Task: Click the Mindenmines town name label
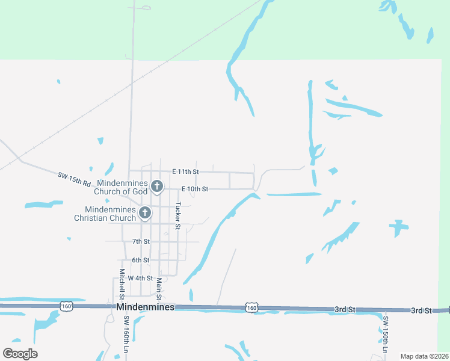[145, 307]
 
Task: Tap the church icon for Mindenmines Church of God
[156, 187]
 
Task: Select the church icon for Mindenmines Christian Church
[144, 213]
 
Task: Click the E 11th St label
[185, 171]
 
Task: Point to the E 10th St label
[194, 189]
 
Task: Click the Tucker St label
[178, 215]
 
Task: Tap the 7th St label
[141, 241]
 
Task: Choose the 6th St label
[141, 260]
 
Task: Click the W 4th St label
[141, 278]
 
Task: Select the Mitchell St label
[122, 284]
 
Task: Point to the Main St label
[159, 288]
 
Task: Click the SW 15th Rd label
[74, 179]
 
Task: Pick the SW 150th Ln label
[386, 335]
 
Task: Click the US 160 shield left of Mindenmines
[66, 306]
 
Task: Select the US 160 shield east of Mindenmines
[251, 308]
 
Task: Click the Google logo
[20, 354]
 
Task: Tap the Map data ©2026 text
[424, 356]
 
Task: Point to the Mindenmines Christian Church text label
[105, 214]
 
